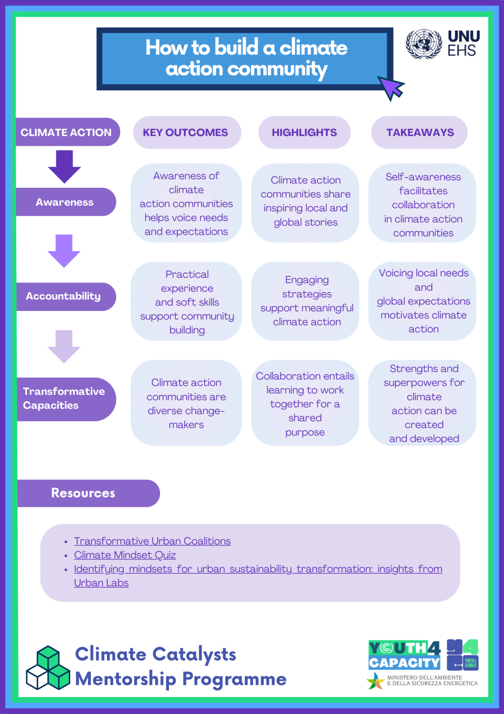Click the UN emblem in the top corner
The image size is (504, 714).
423,44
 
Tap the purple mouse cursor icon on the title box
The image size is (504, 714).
391,88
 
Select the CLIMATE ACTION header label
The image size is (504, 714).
66,132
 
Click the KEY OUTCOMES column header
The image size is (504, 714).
186,132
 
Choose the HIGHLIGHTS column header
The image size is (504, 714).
304,132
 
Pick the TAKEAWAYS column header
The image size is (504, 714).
420,132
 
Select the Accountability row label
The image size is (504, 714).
64,296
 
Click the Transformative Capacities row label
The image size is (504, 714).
64,399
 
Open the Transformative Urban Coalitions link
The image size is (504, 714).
152,541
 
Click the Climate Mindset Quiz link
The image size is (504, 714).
125,555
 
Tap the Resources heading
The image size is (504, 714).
83,493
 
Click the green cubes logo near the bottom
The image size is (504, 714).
48,668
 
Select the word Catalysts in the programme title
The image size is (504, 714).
194,654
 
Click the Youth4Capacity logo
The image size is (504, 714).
405,655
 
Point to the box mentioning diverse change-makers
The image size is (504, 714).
186,403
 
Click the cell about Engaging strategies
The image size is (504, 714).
306,301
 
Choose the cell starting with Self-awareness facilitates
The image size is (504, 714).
423,204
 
